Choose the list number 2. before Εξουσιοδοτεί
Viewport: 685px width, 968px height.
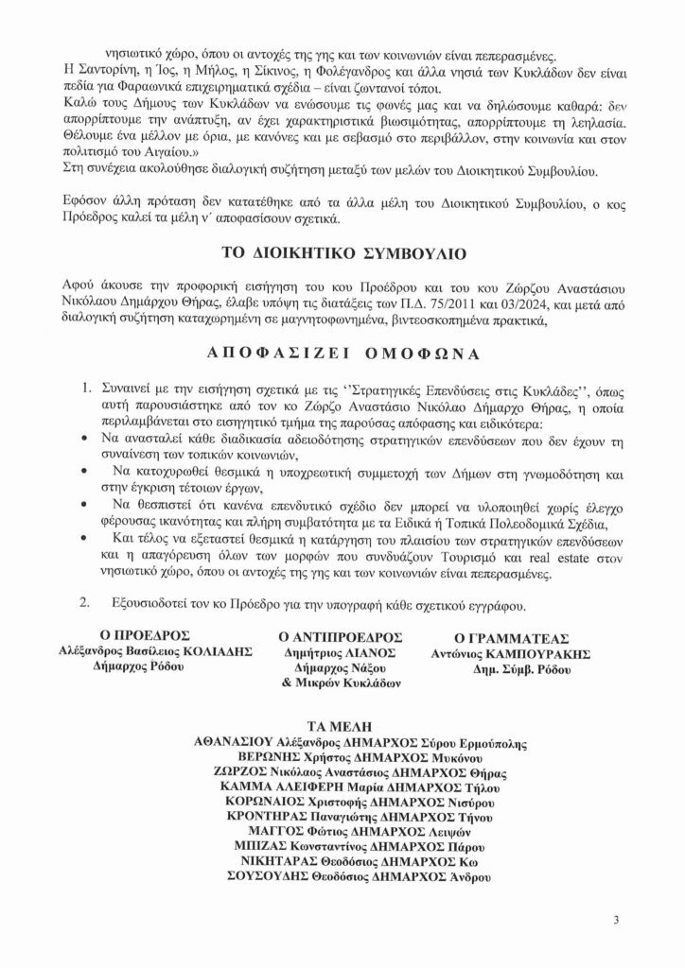point(84,601)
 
